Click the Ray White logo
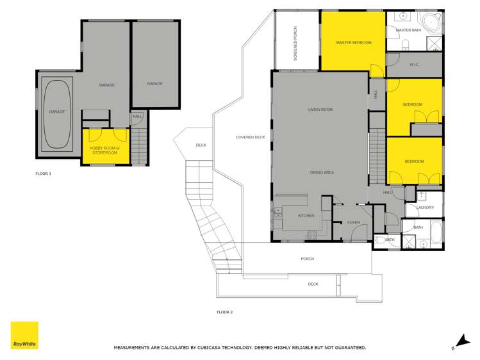click(x=24, y=336)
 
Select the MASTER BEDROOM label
click(x=354, y=42)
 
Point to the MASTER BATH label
click(x=408, y=30)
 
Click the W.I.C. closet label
click(x=414, y=65)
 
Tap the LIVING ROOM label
click(x=320, y=110)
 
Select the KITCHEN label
click(x=306, y=216)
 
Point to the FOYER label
click(x=354, y=223)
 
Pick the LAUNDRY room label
click(x=425, y=208)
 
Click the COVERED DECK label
click(x=250, y=137)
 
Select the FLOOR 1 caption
click(x=43, y=174)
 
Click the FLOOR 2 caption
click(x=224, y=312)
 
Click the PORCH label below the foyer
click(x=308, y=259)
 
